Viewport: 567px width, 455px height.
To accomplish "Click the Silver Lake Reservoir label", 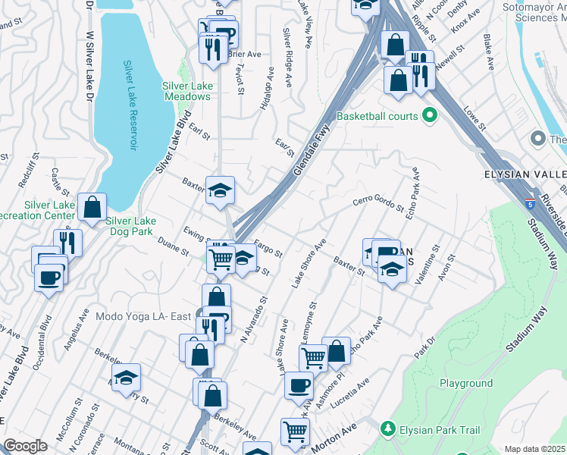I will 132,105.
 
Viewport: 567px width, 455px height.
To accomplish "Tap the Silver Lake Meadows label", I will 187,91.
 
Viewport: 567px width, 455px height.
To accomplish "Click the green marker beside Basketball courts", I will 431,116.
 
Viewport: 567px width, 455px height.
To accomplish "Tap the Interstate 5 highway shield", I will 528,204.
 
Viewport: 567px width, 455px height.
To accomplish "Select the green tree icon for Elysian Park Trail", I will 388,429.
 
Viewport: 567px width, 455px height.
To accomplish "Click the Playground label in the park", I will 466,383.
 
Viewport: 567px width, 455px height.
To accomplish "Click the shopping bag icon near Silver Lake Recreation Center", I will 91,206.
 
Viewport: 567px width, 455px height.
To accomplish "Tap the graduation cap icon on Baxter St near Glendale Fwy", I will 220,190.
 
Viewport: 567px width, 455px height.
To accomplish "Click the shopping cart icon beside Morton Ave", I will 295,432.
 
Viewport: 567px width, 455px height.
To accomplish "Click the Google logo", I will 25,446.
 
